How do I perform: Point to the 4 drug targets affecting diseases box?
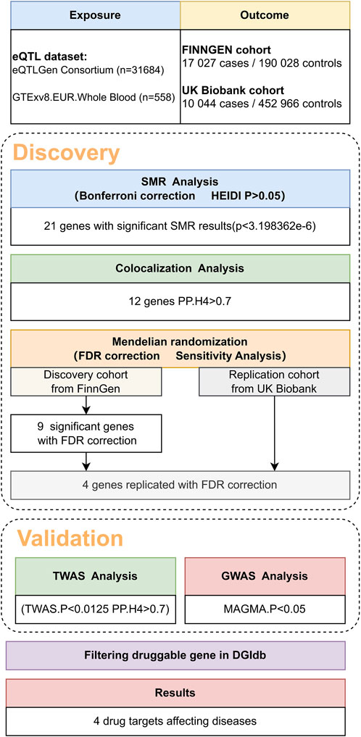[179, 722]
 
